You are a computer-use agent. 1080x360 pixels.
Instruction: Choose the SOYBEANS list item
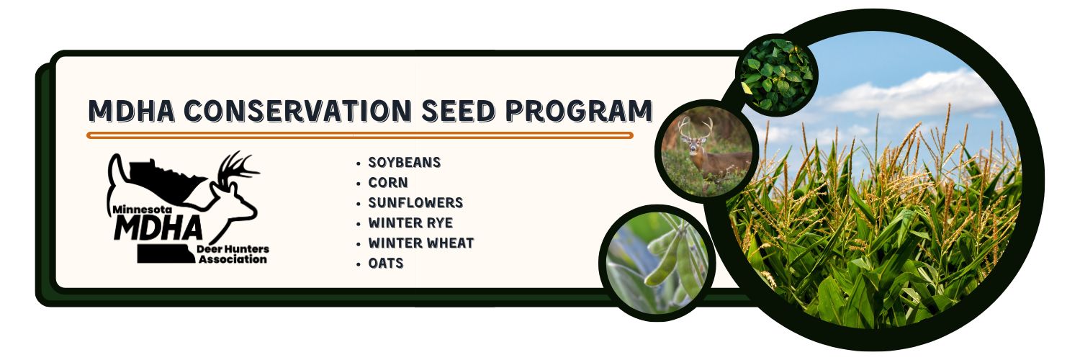click(x=404, y=163)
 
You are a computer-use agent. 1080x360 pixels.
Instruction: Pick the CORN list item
click(x=387, y=183)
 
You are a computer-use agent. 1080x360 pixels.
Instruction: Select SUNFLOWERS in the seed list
click(x=415, y=203)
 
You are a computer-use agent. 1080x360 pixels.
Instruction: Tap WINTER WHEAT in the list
click(x=420, y=243)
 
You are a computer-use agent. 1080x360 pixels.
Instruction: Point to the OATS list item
click(x=386, y=264)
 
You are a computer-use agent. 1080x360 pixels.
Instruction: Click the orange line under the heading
click(x=360, y=135)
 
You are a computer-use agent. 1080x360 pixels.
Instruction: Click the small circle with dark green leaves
click(x=778, y=75)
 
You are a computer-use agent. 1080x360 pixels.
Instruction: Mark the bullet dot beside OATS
click(x=358, y=264)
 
